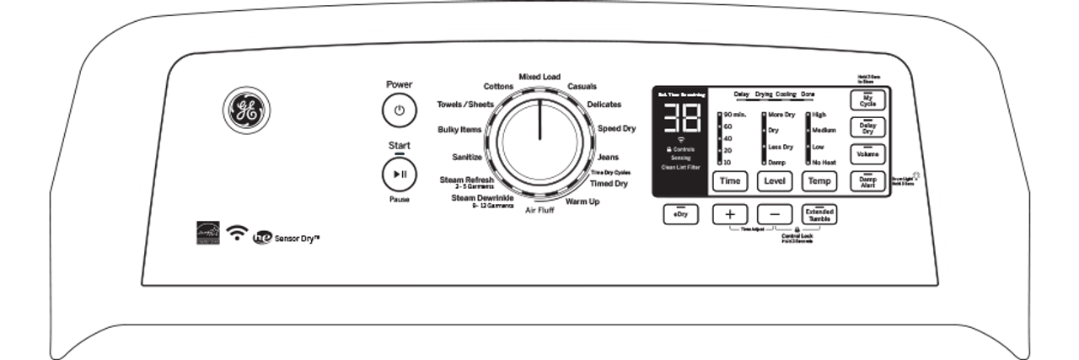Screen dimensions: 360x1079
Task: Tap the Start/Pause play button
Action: click(399, 175)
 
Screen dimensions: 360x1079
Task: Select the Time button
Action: click(730, 181)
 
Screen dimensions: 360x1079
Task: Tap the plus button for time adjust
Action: click(730, 214)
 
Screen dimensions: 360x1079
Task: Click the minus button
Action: click(775, 214)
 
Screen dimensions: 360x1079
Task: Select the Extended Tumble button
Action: click(819, 214)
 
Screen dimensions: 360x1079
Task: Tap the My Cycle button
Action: click(867, 101)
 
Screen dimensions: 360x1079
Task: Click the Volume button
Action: click(867, 154)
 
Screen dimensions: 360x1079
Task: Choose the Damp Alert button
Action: click(867, 181)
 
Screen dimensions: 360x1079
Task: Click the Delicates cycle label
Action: click(604, 105)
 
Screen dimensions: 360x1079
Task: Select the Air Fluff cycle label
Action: click(539, 208)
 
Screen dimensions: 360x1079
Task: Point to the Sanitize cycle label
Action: click(466, 157)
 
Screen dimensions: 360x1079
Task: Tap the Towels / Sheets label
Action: click(464, 105)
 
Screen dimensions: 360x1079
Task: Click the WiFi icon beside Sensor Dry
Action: click(239, 234)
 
